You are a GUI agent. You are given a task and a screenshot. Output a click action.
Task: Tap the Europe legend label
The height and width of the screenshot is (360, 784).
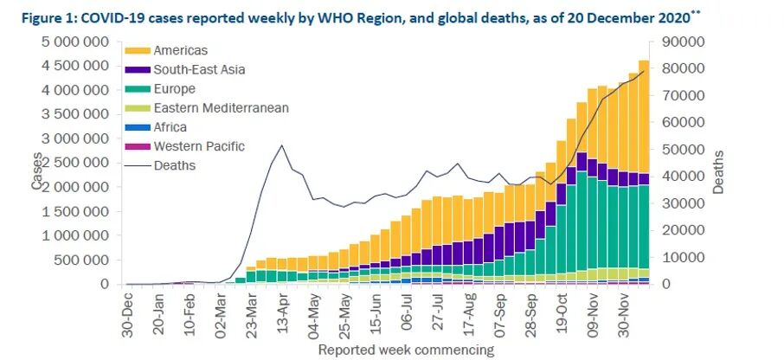pyautogui.click(x=174, y=89)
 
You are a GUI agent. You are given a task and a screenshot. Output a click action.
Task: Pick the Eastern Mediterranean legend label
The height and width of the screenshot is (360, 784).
pyautogui.click(x=221, y=108)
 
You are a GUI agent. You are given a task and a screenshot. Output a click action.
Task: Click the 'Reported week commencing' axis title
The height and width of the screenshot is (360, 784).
pyautogui.click(x=406, y=350)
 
